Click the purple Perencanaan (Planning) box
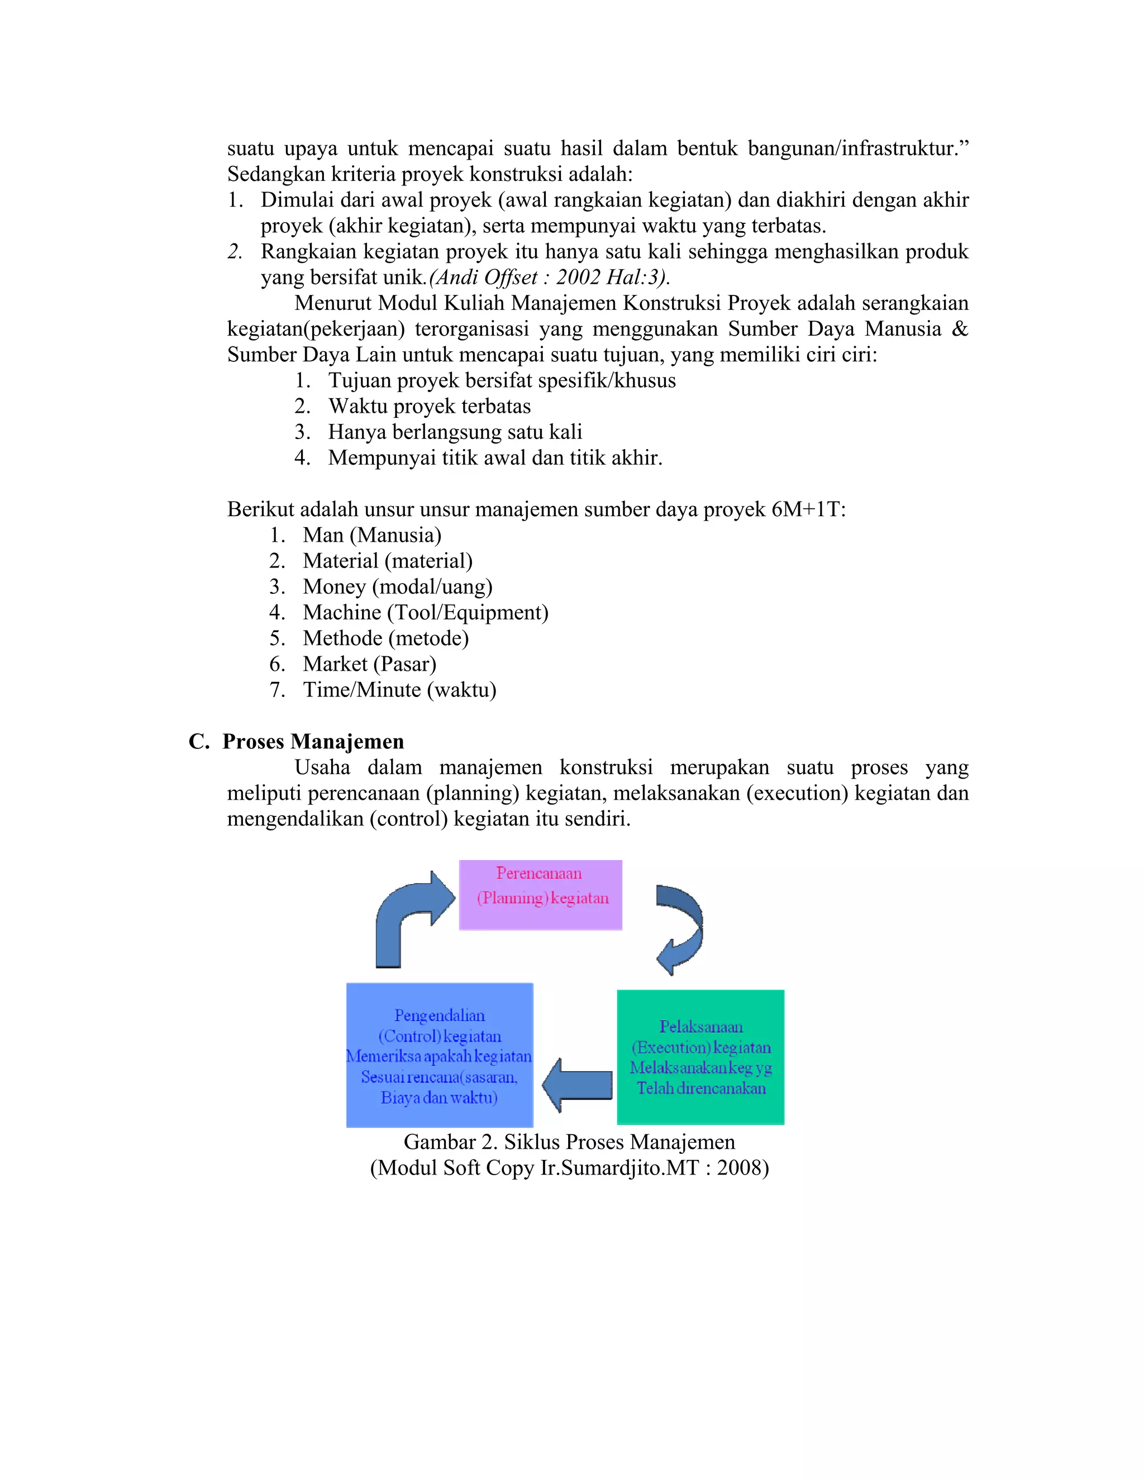540,895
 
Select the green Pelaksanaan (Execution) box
700,1057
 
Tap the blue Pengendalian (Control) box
439,1055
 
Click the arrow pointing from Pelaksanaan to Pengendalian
578,1085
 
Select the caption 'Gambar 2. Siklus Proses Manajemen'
569,1142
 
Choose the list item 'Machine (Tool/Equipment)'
425,612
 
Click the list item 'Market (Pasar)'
369,663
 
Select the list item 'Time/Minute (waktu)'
399,689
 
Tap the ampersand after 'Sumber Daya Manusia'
959,328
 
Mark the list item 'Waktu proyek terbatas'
429,406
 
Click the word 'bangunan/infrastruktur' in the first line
852,149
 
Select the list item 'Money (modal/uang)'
397,586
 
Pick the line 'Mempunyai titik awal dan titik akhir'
495,457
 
